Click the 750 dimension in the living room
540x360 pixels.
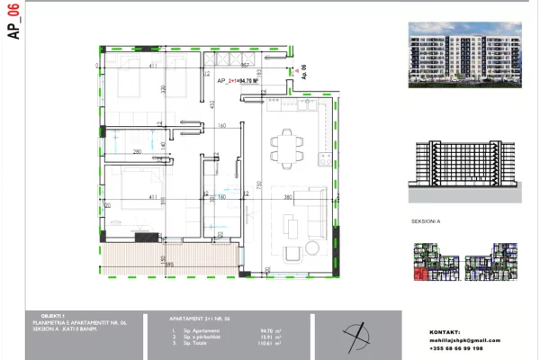coord(258,185)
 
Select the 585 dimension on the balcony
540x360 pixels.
coord(168,265)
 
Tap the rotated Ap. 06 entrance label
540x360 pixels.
coord(304,72)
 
